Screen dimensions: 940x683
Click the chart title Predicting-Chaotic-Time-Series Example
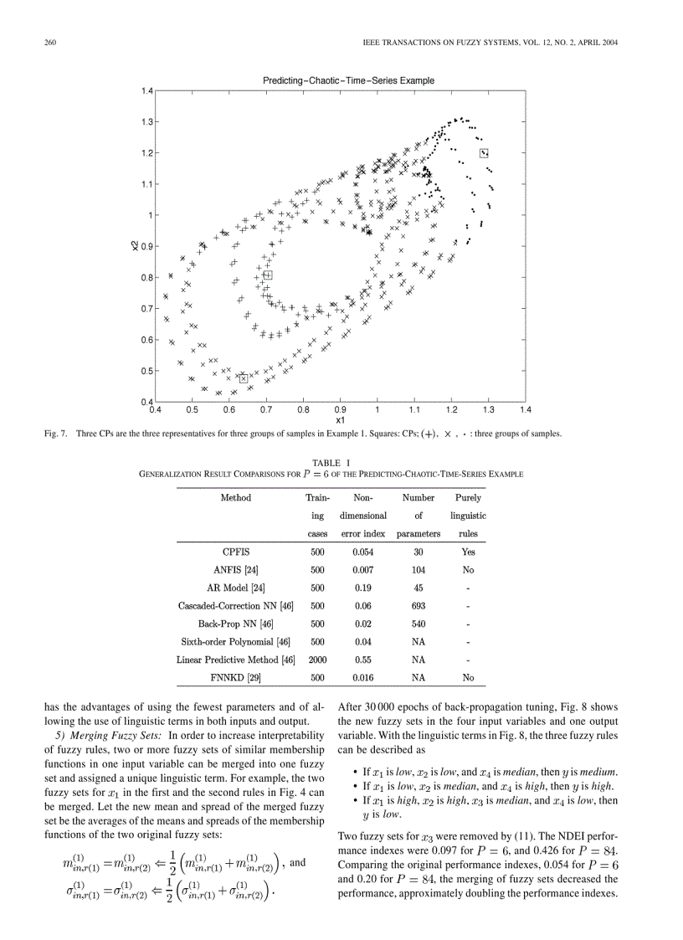point(348,80)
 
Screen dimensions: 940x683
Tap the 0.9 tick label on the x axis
point(341,410)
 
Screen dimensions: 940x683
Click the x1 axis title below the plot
point(340,420)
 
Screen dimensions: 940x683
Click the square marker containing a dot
point(484,153)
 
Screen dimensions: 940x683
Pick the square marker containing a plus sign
point(268,275)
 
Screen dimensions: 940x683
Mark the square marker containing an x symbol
point(244,378)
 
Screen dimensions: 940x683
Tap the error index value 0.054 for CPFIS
point(362,552)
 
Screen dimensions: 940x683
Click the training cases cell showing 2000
point(317,660)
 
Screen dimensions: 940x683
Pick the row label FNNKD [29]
point(235,678)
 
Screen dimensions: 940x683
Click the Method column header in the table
point(235,497)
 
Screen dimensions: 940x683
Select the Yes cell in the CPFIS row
point(468,552)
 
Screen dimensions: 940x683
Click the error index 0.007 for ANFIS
point(362,570)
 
